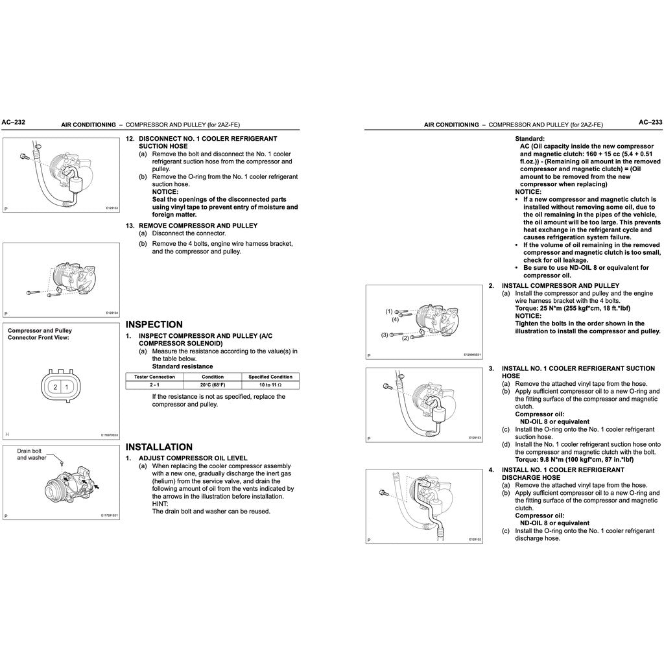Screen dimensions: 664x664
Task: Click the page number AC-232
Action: (x=14, y=122)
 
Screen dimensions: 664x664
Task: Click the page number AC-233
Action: (x=650, y=122)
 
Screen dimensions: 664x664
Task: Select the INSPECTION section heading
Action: (x=154, y=324)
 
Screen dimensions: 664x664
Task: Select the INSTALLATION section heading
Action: (x=159, y=447)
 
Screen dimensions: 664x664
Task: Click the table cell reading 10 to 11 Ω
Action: (x=270, y=385)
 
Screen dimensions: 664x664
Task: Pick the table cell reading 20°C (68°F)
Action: (x=213, y=385)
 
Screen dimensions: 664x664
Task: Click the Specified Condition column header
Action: (x=270, y=377)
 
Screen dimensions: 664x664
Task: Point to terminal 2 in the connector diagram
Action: (x=56, y=387)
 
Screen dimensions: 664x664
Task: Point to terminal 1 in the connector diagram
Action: (x=66, y=387)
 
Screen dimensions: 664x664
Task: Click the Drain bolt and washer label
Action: (x=31, y=454)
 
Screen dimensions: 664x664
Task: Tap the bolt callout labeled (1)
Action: (x=390, y=311)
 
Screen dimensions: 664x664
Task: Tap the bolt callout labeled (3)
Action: (x=384, y=335)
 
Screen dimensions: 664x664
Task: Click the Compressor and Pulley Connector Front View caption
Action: (x=40, y=333)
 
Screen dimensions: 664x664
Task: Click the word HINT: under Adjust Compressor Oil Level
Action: (x=160, y=503)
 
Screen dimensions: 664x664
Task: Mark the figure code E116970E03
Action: (x=109, y=435)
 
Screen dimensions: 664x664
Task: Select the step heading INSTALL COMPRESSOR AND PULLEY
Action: (x=560, y=285)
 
